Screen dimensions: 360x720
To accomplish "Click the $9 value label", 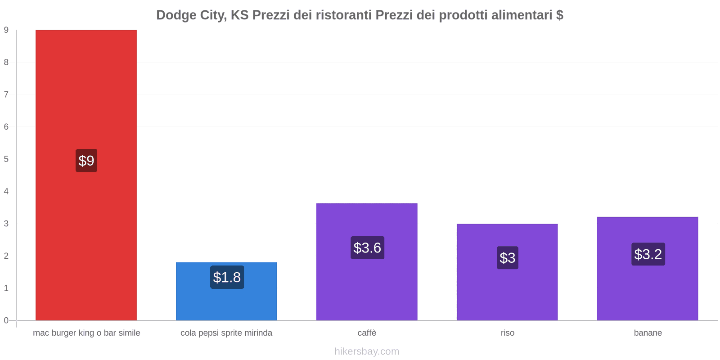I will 86,161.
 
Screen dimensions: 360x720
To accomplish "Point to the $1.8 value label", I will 227,277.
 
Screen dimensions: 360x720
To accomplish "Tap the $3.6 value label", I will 367,247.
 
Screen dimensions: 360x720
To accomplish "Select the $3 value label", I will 508,258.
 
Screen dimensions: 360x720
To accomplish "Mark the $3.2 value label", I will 648,254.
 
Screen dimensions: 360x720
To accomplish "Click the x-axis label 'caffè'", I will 367,333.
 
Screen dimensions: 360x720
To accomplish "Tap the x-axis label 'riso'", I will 507,333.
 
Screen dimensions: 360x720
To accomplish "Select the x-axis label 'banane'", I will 648,333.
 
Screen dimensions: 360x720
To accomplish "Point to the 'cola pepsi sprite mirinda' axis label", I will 226,333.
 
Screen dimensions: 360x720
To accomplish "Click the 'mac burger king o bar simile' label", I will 86,333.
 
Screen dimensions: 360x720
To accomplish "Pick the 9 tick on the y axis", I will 6,30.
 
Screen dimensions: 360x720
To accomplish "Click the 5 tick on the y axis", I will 6,159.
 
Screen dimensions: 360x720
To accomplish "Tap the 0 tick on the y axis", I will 6,320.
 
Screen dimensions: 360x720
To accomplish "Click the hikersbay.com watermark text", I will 367,351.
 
